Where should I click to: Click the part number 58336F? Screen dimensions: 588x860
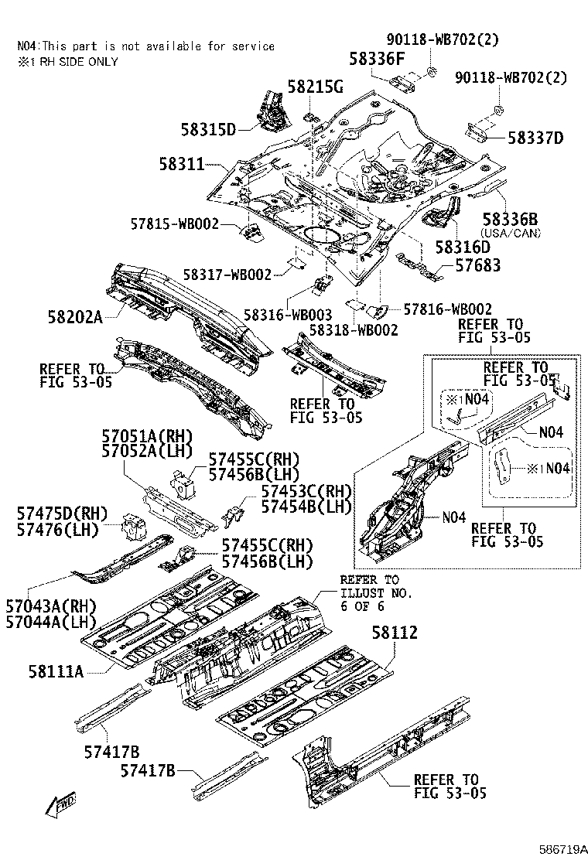tap(377, 59)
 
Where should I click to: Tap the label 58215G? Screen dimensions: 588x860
tap(316, 86)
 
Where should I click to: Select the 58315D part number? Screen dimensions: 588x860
tap(208, 129)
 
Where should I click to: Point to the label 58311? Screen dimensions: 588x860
tap(182, 164)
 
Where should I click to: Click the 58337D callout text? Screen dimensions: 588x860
tap(535, 138)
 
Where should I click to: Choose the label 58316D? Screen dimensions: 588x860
tap(463, 247)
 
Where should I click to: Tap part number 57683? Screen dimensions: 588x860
tap(478, 265)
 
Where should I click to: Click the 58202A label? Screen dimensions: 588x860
tap(75, 317)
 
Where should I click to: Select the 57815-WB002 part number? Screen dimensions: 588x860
tap(174, 224)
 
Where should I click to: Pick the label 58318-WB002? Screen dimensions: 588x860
tap(354, 330)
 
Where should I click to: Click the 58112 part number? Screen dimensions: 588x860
tap(395, 633)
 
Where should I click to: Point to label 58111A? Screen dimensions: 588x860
tap(56, 671)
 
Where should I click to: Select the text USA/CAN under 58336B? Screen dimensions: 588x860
tap(511, 233)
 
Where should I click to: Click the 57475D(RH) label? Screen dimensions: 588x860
tap(62, 514)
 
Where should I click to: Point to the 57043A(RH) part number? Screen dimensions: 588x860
tap(51, 606)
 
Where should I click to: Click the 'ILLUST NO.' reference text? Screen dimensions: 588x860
tap(376, 593)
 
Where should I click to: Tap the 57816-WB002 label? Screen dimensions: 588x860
tap(448, 309)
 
